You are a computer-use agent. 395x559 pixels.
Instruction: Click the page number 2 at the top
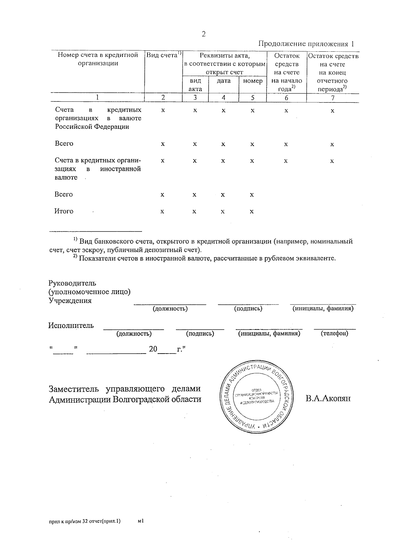(203, 34)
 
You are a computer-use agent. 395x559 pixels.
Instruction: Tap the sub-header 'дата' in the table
(224, 81)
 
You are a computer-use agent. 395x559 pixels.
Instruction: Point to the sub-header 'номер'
(252, 81)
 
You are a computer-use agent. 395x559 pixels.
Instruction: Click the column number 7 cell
(332, 98)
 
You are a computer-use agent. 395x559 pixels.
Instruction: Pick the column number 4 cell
(224, 98)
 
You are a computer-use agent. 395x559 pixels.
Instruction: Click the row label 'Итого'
(64, 211)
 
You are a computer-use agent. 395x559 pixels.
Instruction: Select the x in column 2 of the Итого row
(162, 212)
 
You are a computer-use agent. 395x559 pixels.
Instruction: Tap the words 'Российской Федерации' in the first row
(92, 127)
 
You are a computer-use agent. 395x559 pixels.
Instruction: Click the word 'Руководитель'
(72, 283)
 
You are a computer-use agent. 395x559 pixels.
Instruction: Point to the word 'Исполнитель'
(71, 326)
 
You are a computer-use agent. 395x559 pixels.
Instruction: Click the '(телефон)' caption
(334, 333)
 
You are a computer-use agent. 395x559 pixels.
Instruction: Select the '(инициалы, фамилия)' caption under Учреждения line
(323, 308)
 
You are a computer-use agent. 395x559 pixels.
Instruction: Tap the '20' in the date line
(153, 349)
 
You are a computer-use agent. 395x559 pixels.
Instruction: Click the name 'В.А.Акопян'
(328, 399)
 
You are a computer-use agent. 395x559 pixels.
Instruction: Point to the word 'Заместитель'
(74, 389)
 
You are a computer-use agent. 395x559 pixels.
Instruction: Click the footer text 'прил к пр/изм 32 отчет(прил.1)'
(85, 521)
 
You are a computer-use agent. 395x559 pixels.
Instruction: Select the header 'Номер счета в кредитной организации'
(98, 59)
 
